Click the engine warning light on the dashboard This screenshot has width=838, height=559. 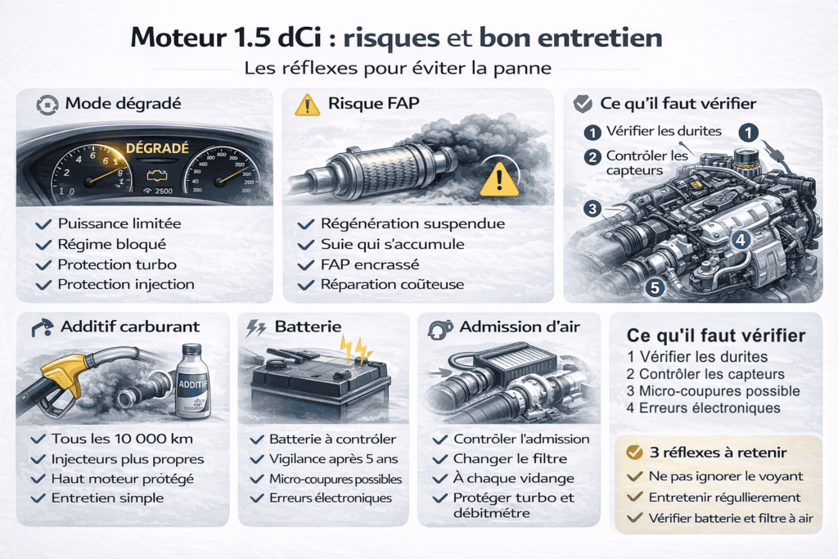point(153,175)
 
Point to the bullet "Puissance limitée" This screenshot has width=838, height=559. point(119,223)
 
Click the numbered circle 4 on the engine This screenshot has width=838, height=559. point(740,240)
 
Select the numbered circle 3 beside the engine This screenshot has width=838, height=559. point(592,209)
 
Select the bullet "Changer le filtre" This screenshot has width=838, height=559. point(510,458)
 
